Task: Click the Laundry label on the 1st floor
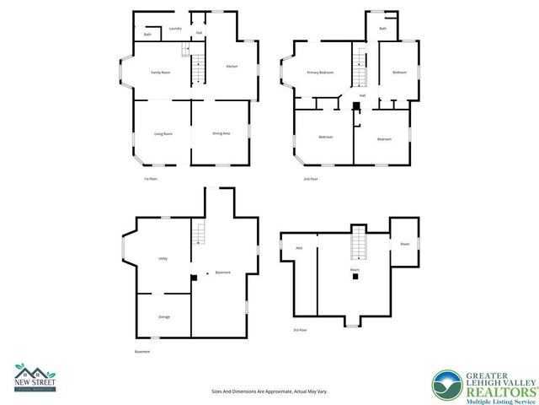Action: pyautogui.click(x=175, y=29)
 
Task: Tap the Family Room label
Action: pyautogui.click(x=161, y=73)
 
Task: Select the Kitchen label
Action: pyautogui.click(x=231, y=67)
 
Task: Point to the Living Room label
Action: pyautogui.click(x=163, y=134)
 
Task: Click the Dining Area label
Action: pyautogui.click(x=221, y=133)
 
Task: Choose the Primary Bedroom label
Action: pyautogui.click(x=321, y=73)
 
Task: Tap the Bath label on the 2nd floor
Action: pyautogui.click(x=382, y=29)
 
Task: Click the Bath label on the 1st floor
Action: pyautogui.click(x=147, y=35)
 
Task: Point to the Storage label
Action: pyautogui.click(x=164, y=316)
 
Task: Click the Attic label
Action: pyautogui.click(x=299, y=247)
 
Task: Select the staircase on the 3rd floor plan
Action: pyautogui.click(x=360, y=244)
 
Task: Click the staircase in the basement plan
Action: pyautogui.click(x=200, y=232)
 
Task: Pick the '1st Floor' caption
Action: pyautogui.click(x=151, y=179)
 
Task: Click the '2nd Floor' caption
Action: pyautogui.click(x=312, y=179)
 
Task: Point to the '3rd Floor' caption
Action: pyautogui.click(x=300, y=330)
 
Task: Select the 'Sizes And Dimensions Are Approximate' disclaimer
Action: pyautogui.click(x=269, y=391)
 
